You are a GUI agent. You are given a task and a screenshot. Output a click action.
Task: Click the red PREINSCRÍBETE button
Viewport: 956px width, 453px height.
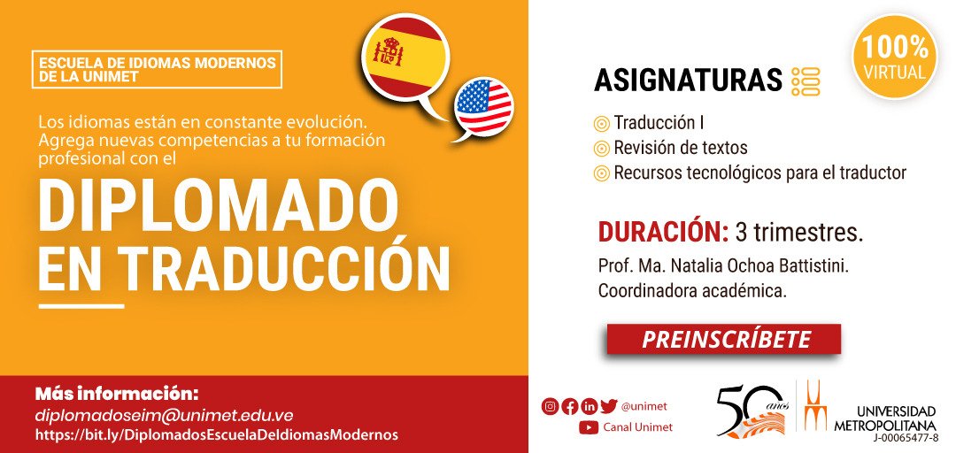pyautogui.click(x=723, y=340)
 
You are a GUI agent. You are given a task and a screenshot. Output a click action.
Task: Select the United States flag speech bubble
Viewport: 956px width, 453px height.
pyautogui.click(x=483, y=107)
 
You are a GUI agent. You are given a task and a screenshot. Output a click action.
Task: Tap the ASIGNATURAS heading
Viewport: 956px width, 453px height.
pyautogui.click(x=688, y=81)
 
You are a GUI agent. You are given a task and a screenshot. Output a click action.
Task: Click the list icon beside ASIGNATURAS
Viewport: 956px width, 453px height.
pyautogui.click(x=806, y=81)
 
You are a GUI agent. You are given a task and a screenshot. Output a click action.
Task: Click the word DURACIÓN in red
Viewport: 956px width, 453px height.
pyautogui.click(x=663, y=233)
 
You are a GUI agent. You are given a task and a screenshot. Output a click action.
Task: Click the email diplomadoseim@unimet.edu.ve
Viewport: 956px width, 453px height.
pyautogui.click(x=164, y=415)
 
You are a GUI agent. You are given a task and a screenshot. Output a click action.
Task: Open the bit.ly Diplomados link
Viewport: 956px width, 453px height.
pyautogui.click(x=217, y=434)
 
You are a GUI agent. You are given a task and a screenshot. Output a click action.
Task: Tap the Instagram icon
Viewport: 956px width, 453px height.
pyautogui.click(x=550, y=407)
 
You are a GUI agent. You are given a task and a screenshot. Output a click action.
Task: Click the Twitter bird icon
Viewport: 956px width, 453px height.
pyautogui.click(x=608, y=407)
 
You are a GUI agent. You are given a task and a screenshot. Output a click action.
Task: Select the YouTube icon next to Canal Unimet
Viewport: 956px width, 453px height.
pyautogui.click(x=588, y=427)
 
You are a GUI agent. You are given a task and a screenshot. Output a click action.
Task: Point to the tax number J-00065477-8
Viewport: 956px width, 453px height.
pyautogui.click(x=905, y=437)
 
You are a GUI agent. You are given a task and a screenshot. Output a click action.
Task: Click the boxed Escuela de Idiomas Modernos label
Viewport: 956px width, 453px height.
pyautogui.click(x=157, y=70)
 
